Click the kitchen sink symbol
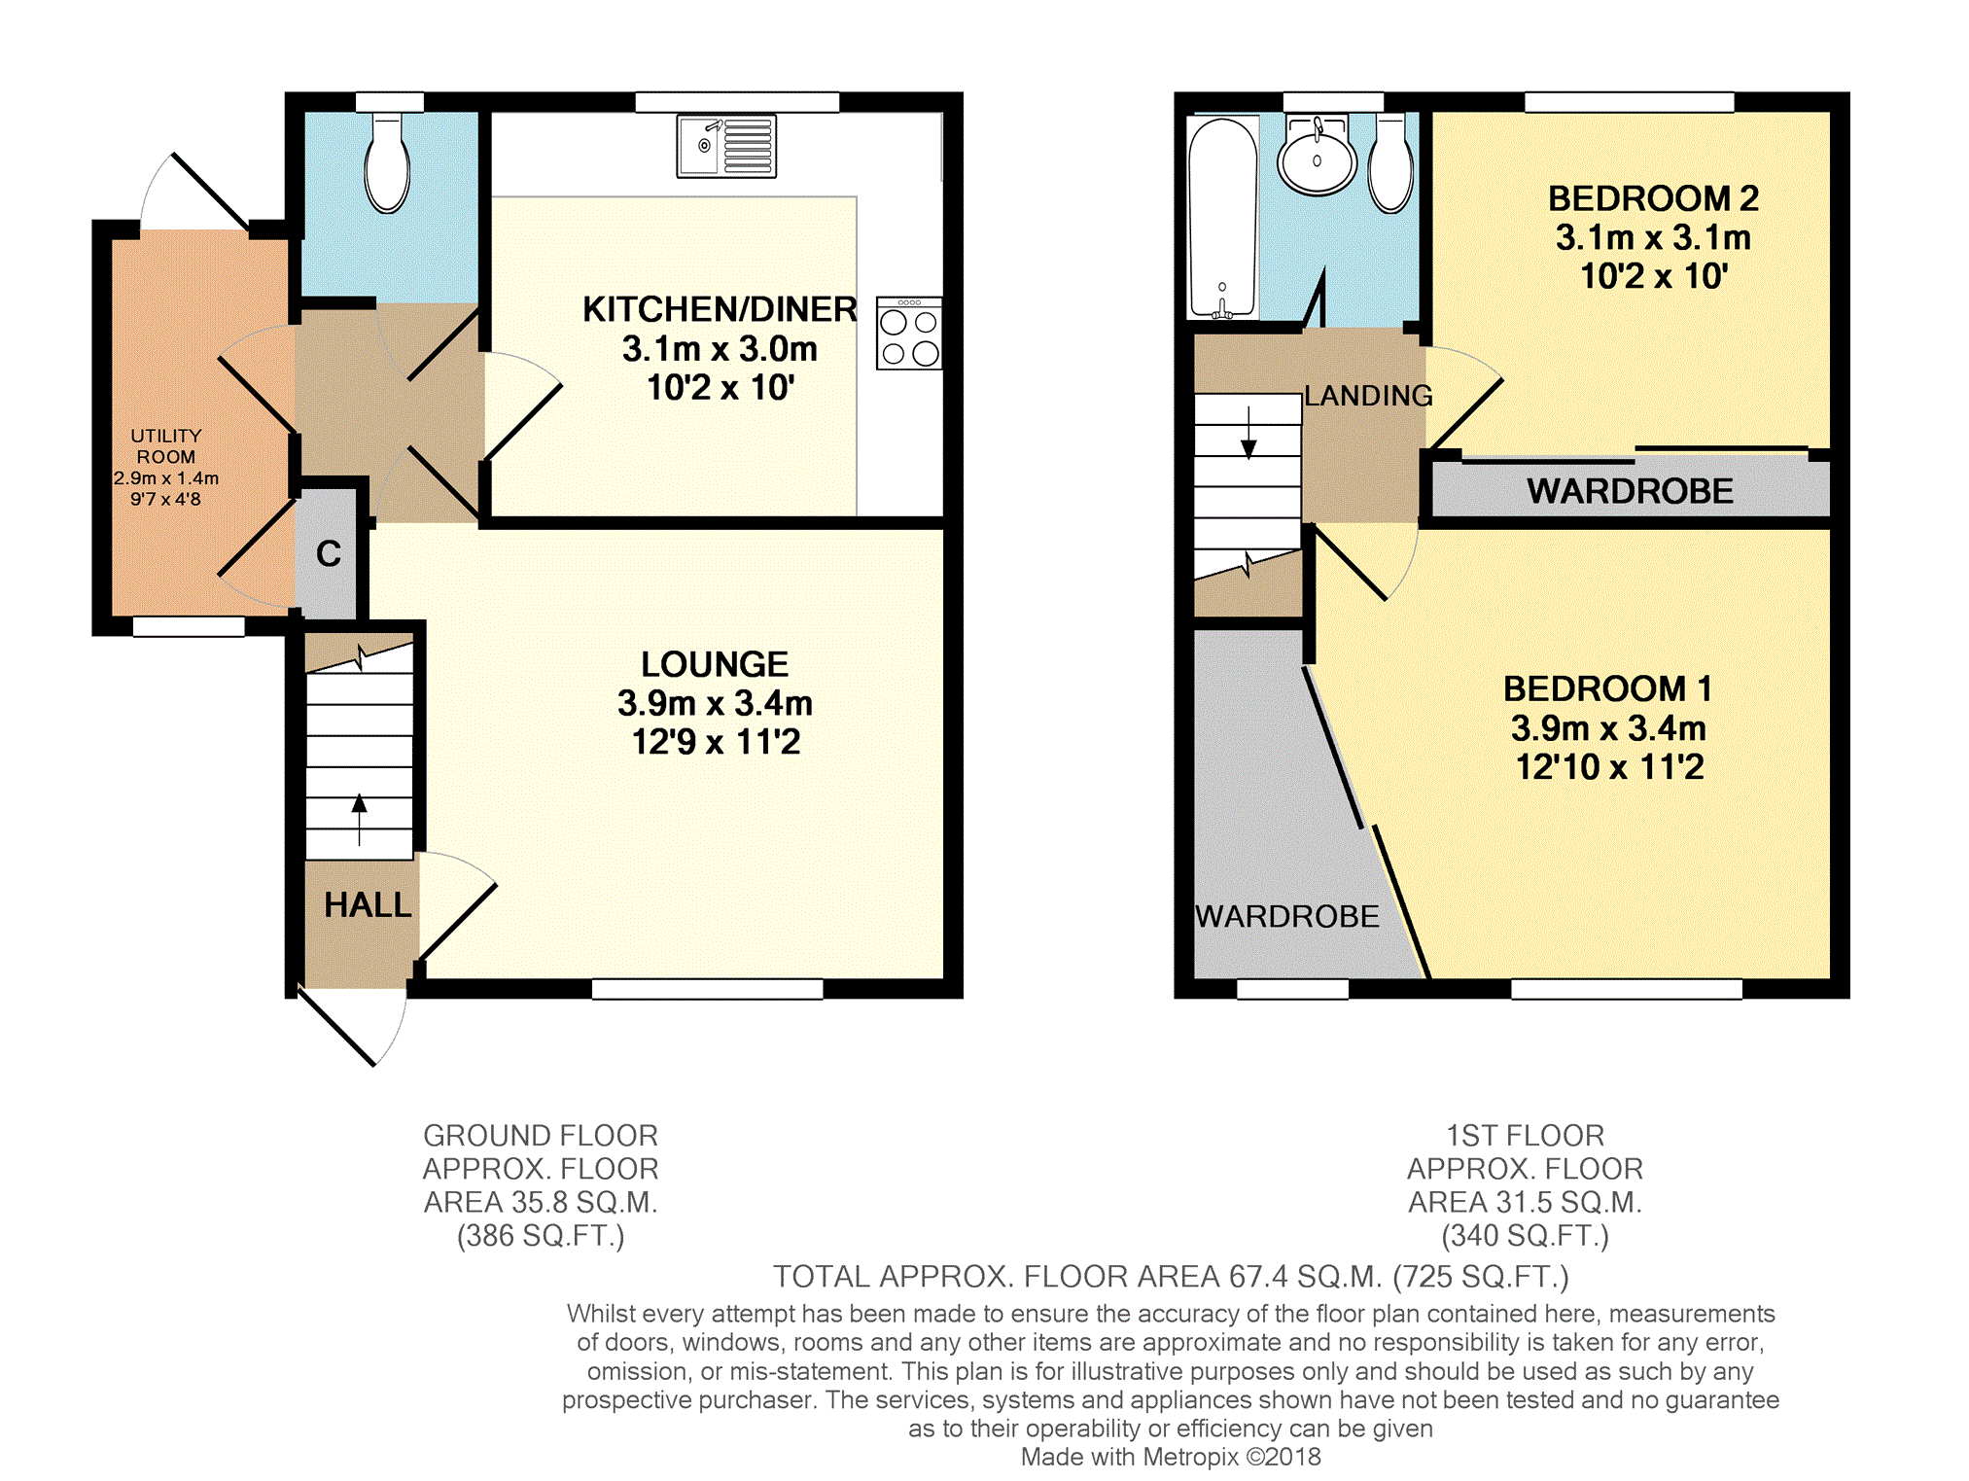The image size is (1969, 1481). point(726,147)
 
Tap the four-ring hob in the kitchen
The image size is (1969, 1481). point(909,334)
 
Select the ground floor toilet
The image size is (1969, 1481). point(387,162)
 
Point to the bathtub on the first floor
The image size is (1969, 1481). point(1222,218)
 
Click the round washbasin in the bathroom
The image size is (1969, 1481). point(1317,156)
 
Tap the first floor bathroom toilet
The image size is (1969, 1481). point(1390,162)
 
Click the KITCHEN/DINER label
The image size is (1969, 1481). point(720,309)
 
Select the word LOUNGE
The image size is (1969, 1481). point(715,664)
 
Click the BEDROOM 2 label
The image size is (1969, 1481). point(1653,198)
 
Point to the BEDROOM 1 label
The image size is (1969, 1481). point(1608,688)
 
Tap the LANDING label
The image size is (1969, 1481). point(1368,396)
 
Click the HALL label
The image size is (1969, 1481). point(368,905)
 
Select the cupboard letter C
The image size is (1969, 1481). point(329,553)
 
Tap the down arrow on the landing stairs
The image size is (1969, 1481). point(1248,432)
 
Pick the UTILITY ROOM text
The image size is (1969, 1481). point(166,446)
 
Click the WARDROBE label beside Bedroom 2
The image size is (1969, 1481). point(1630,491)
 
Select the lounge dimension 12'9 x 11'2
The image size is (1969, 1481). point(716,742)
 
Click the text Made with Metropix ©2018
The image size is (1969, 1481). point(1171,1457)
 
